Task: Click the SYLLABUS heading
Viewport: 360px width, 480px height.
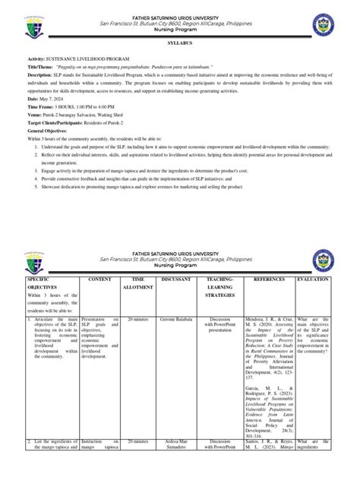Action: [x=180, y=46]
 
